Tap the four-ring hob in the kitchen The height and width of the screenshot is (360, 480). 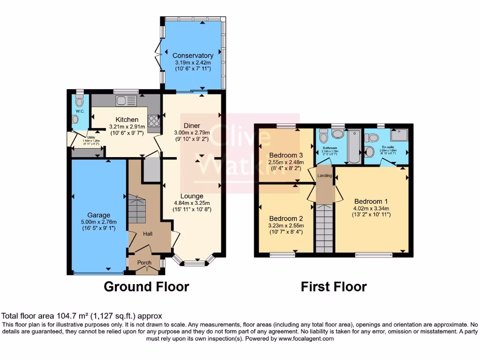[x=154, y=121]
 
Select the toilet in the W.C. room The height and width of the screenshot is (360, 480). [x=79, y=101]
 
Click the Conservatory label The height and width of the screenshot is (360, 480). [x=193, y=56]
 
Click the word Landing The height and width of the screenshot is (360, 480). [x=325, y=176]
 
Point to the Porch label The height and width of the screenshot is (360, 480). [x=144, y=263]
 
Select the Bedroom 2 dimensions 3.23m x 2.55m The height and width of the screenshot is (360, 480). [x=286, y=225]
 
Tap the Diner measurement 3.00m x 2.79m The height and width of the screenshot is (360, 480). [x=192, y=133]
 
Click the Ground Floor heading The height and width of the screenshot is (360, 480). [x=146, y=286]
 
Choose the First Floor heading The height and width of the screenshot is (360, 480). [x=333, y=286]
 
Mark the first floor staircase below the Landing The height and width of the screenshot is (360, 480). [x=324, y=230]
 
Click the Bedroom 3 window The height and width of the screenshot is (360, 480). [x=286, y=125]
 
